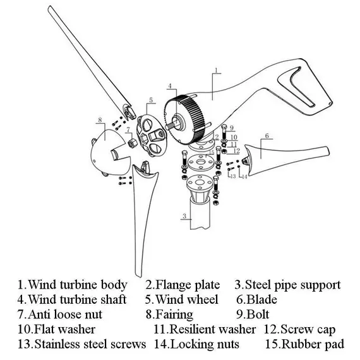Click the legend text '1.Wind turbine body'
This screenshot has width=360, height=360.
72,285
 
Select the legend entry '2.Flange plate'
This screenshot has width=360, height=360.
183,285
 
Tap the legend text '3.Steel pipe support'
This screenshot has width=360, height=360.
287,285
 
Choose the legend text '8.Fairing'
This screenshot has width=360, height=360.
171,314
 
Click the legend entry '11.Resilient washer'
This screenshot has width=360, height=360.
205,329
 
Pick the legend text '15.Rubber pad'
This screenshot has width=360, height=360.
304,344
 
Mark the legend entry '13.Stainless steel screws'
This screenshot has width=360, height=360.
81,344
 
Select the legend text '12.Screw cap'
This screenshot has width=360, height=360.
299,329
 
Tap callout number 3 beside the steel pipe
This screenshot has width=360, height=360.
183,216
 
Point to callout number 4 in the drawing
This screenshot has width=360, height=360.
170,85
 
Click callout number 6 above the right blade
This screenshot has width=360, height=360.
267,136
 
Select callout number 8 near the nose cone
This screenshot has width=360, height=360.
100,119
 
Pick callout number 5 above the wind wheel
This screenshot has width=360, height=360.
151,100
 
